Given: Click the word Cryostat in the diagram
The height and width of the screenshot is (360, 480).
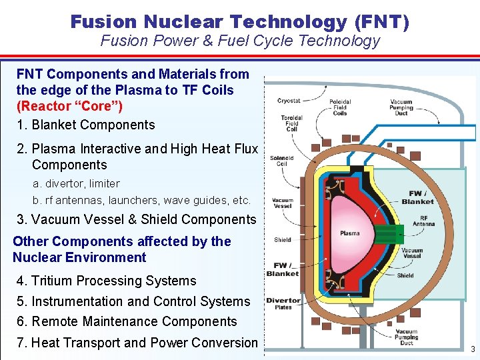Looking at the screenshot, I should [288, 101].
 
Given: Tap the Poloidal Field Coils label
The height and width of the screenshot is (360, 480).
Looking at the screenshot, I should [339, 108].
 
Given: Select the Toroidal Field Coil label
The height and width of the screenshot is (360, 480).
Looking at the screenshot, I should [291, 123].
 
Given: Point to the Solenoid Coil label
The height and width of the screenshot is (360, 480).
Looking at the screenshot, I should [281, 161].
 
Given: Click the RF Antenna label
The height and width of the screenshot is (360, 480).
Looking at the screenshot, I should [423, 221].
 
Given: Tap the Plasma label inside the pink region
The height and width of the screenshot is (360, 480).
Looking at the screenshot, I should [349, 233].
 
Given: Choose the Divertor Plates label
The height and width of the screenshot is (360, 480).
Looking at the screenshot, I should [283, 304].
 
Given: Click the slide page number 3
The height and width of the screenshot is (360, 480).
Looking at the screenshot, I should [473, 349].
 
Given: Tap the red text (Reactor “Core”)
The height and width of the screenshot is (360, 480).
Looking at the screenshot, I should [70, 106].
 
